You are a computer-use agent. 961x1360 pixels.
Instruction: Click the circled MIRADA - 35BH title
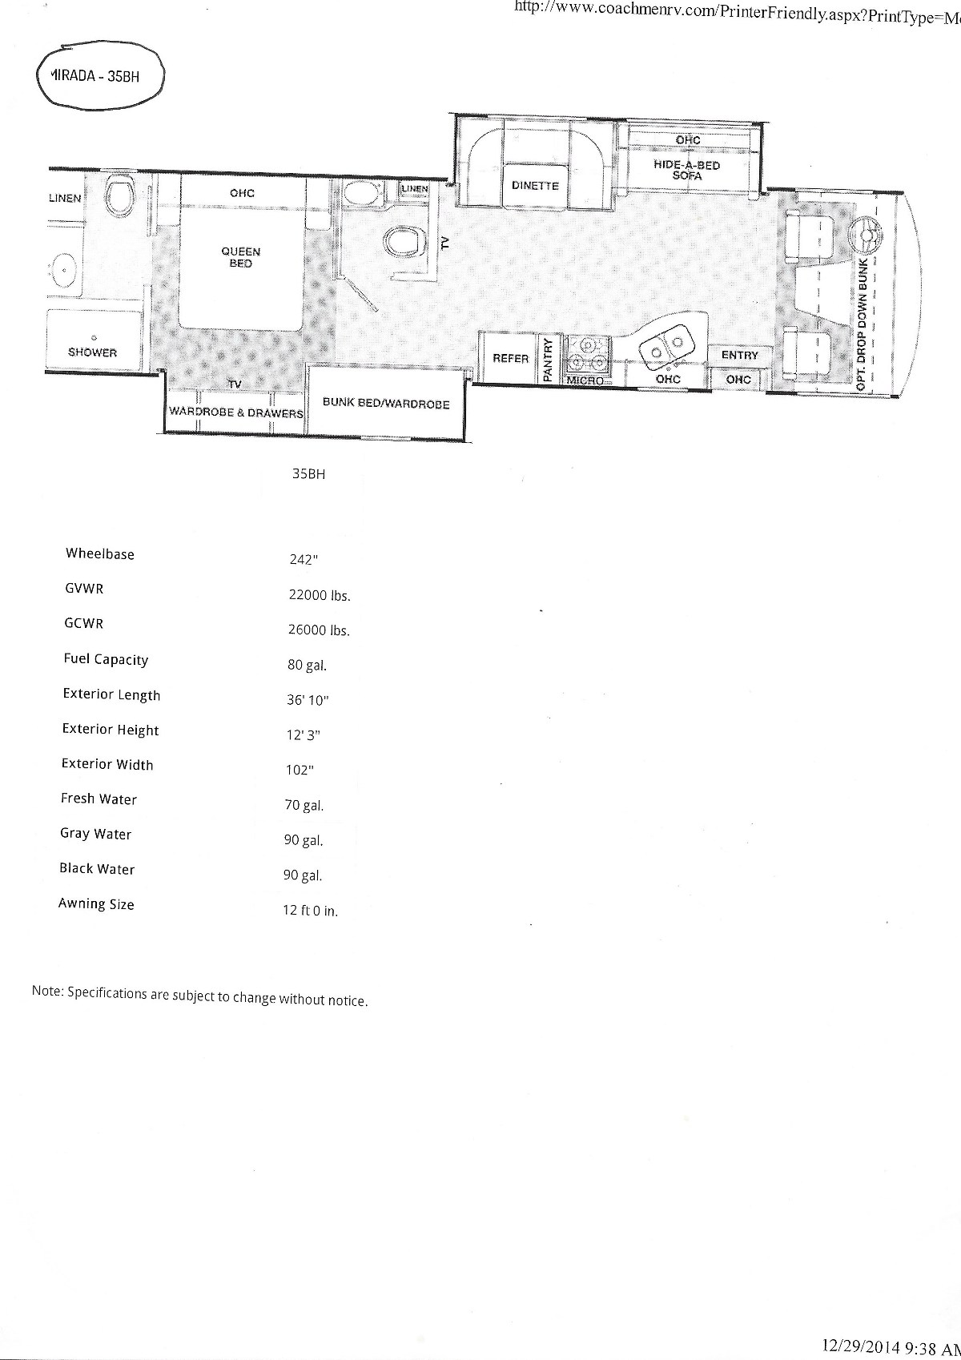tap(94, 77)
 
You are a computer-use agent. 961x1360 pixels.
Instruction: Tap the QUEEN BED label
tap(241, 257)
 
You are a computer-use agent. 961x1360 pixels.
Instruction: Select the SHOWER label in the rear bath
tap(92, 352)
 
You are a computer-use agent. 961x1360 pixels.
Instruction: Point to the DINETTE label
tap(535, 186)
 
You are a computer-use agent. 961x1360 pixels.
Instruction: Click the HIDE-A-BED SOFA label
tap(686, 170)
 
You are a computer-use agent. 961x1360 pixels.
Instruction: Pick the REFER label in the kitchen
tap(511, 358)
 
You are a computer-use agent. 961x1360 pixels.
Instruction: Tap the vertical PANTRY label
tap(548, 360)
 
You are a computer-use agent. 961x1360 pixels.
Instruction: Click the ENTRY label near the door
tap(739, 355)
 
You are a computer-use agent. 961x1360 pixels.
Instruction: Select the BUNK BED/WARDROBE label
tap(386, 403)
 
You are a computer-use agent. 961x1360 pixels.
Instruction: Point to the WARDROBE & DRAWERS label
tap(236, 412)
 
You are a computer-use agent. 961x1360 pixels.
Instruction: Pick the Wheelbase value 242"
tap(304, 560)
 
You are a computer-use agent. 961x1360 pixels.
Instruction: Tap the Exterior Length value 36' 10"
tap(308, 700)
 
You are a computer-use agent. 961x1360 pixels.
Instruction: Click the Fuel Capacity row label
tap(106, 659)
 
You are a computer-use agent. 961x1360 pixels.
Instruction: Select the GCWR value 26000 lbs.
tap(319, 630)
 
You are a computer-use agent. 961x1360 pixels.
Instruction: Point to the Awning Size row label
tap(96, 904)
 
